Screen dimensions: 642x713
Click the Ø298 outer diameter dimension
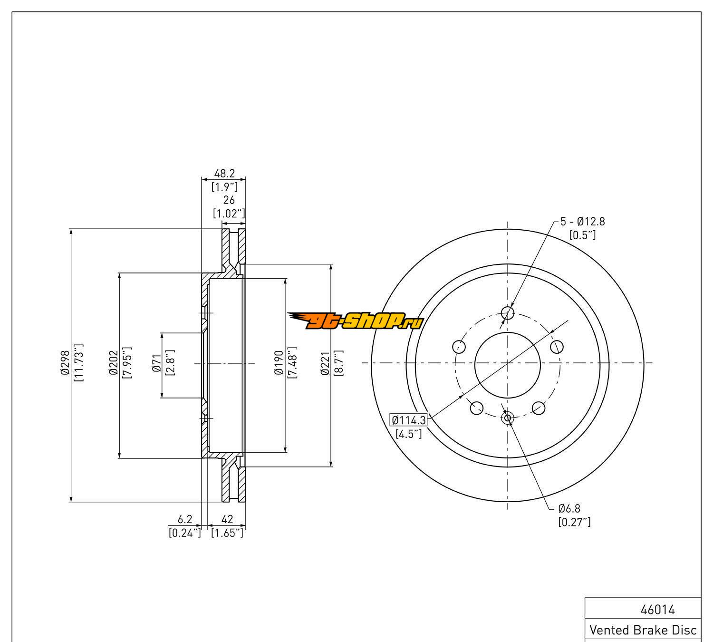(x=65, y=365)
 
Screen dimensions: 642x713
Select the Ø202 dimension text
(x=114, y=365)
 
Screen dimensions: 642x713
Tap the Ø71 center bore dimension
(x=156, y=365)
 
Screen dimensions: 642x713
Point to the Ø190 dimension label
(x=279, y=365)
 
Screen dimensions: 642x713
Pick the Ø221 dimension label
(x=326, y=365)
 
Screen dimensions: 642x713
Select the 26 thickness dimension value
(x=229, y=200)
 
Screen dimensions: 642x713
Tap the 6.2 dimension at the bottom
(x=185, y=520)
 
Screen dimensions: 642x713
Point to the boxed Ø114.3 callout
(x=408, y=420)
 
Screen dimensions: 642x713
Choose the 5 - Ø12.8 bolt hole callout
(x=582, y=221)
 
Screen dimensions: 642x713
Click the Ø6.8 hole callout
(x=569, y=508)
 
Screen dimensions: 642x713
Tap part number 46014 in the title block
(x=658, y=610)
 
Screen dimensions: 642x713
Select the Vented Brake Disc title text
(x=643, y=630)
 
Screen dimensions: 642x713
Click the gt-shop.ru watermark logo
(x=355, y=322)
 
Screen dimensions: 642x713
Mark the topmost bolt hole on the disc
(x=508, y=312)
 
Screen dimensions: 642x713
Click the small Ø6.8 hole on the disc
(x=508, y=418)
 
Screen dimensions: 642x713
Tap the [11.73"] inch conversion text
(x=78, y=365)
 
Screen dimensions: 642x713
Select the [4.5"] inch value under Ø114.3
(x=408, y=433)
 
